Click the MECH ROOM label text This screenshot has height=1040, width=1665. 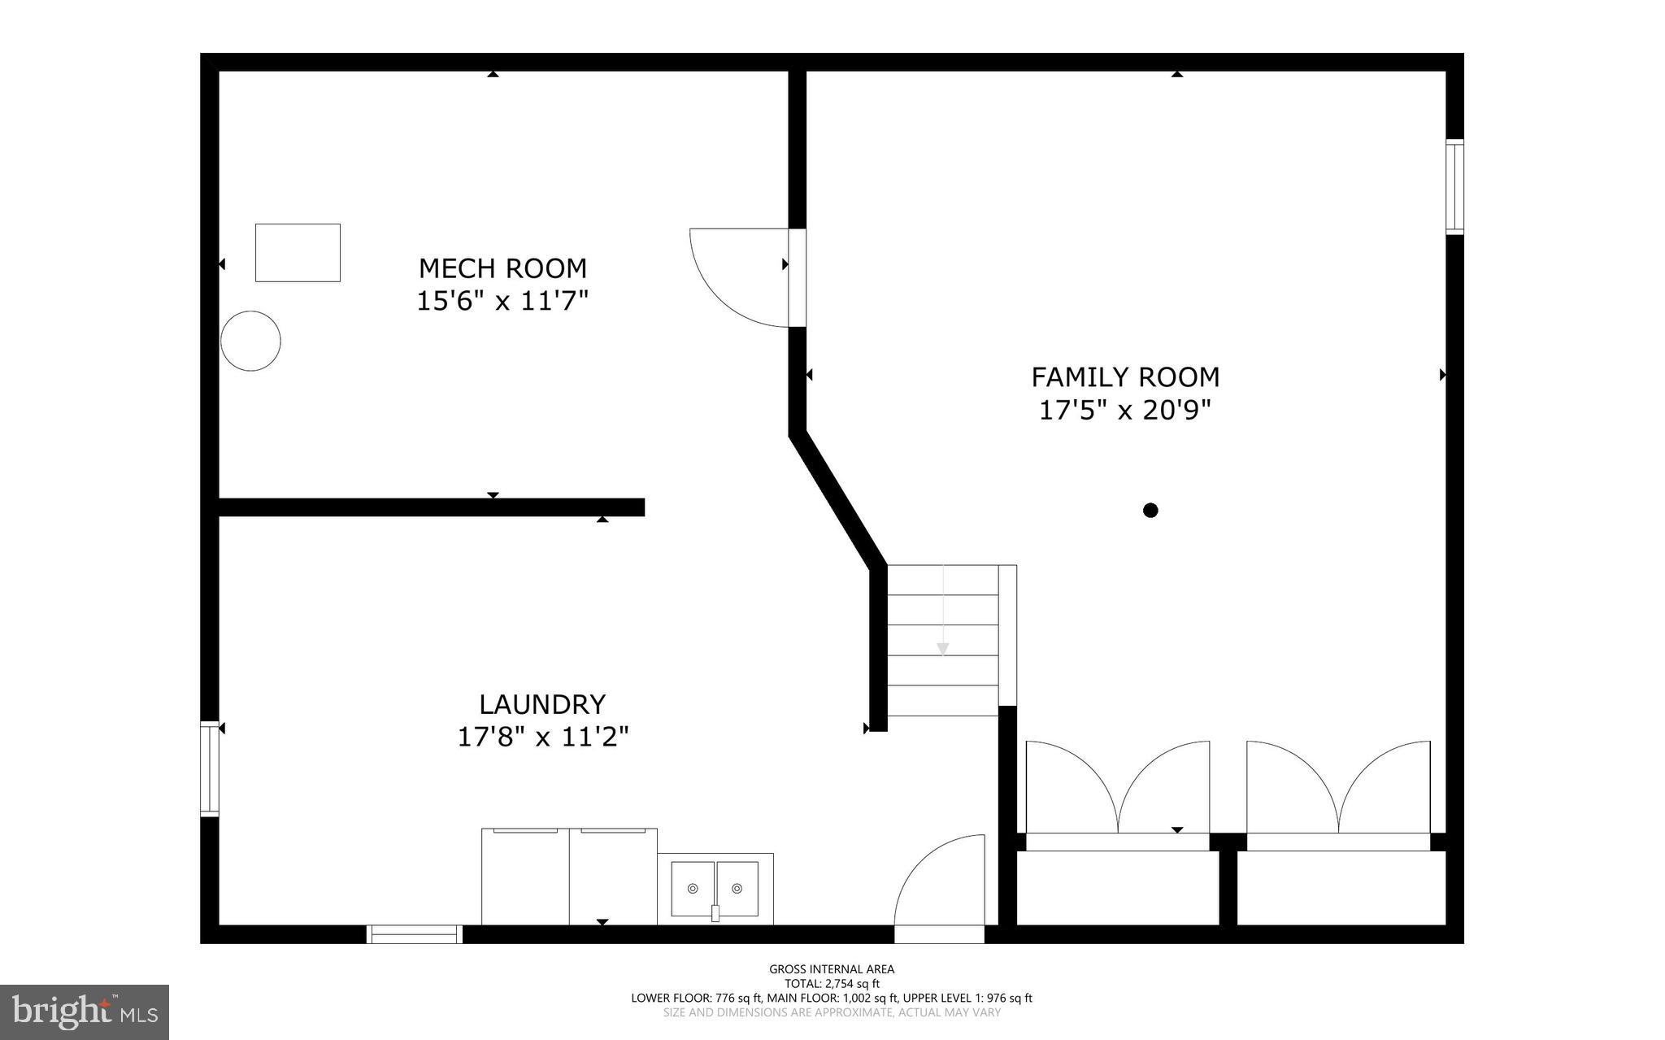click(502, 268)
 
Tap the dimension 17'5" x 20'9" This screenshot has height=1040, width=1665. click(1125, 411)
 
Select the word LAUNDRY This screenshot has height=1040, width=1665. click(542, 703)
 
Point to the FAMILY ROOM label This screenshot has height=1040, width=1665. click(1125, 377)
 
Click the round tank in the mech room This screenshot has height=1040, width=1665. click(251, 342)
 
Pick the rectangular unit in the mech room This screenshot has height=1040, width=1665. click(298, 253)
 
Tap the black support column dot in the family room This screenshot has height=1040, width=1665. click(1150, 511)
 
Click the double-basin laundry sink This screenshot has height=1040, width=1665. click(715, 889)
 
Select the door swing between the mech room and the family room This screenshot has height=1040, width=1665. click(736, 276)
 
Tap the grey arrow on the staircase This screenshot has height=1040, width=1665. click(943, 648)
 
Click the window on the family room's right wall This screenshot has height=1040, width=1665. click(1454, 187)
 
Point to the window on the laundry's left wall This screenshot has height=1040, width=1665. click(210, 768)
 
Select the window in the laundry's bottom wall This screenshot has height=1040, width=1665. click(415, 934)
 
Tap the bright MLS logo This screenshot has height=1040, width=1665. click(85, 1012)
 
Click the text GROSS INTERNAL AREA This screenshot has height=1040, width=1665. click(832, 969)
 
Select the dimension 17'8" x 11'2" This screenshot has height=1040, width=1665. click(543, 738)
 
